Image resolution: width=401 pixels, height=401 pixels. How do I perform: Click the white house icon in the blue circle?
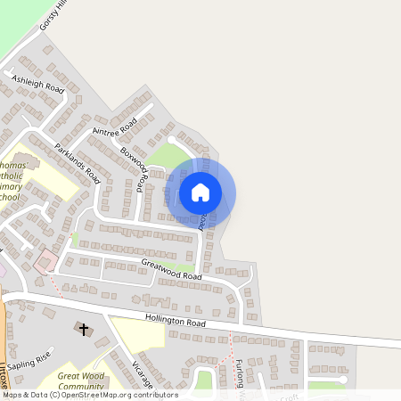[200, 192]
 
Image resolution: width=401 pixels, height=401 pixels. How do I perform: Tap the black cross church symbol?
[85, 330]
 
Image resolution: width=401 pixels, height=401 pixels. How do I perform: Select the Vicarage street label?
[143, 374]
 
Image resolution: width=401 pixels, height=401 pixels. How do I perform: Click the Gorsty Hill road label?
[52, 15]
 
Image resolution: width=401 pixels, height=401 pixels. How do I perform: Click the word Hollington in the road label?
[166, 320]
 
